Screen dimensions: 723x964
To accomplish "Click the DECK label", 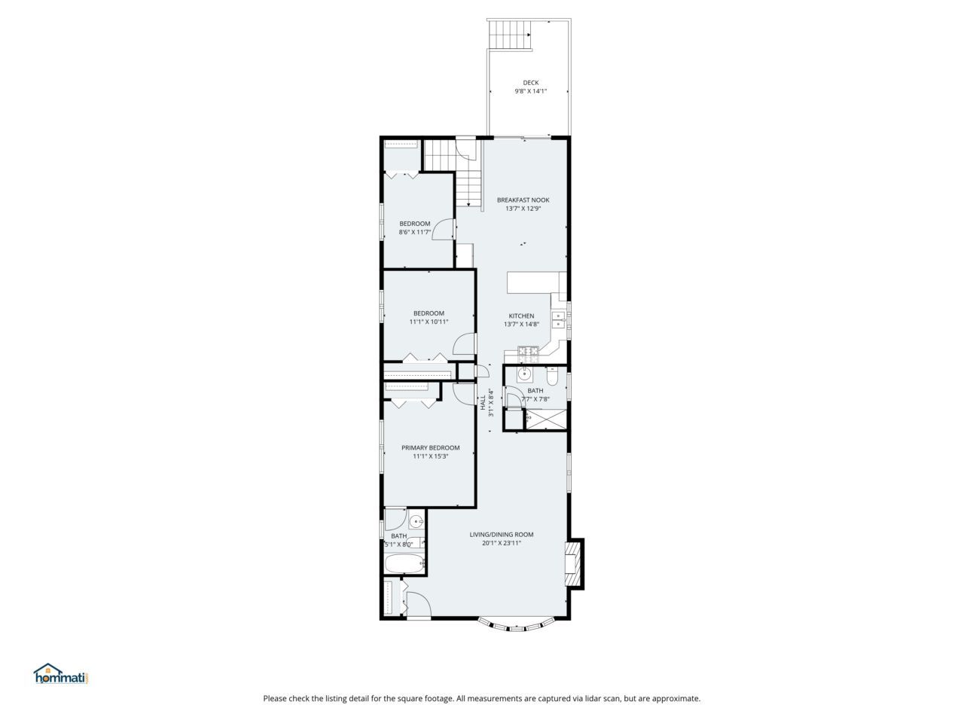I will coord(531,83).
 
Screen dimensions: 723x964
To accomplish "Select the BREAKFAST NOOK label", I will coord(523,200).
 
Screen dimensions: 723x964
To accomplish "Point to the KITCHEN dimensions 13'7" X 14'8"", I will coord(521,325).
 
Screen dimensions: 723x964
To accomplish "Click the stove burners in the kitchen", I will coord(527,350).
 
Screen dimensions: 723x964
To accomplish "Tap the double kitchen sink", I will coord(559,319).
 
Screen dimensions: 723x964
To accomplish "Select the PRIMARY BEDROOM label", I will coord(430,447).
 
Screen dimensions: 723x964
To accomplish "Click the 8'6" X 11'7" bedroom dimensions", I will coord(414,232).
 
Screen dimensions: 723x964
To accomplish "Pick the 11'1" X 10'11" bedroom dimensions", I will coord(429,322).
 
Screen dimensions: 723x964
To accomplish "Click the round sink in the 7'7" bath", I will coord(525,374).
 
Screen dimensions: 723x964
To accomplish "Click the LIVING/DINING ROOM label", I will coord(502,535).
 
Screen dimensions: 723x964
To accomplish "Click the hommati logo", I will coord(62,675).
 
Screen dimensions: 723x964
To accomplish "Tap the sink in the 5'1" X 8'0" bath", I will coord(416,521).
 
